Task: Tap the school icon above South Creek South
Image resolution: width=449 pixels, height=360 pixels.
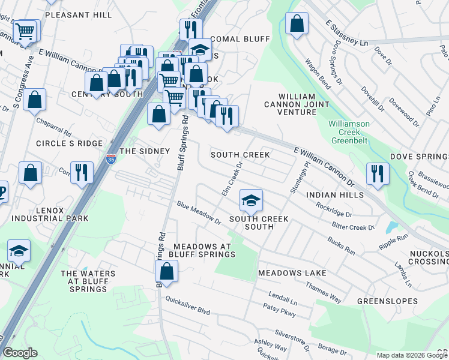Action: click(252, 200)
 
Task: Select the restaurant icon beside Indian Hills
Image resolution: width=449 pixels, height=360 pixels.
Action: click(378, 173)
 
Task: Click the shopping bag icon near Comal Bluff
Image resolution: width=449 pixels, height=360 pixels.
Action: click(296, 25)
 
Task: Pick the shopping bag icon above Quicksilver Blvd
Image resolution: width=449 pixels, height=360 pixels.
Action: click(166, 272)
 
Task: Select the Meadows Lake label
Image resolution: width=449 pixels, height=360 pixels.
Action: click(292, 273)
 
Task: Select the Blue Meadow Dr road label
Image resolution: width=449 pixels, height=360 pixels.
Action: click(199, 214)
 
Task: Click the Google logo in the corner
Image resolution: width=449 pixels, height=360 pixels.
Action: click(20, 353)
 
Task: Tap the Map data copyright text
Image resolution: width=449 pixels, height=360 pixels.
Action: click(412, 355)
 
